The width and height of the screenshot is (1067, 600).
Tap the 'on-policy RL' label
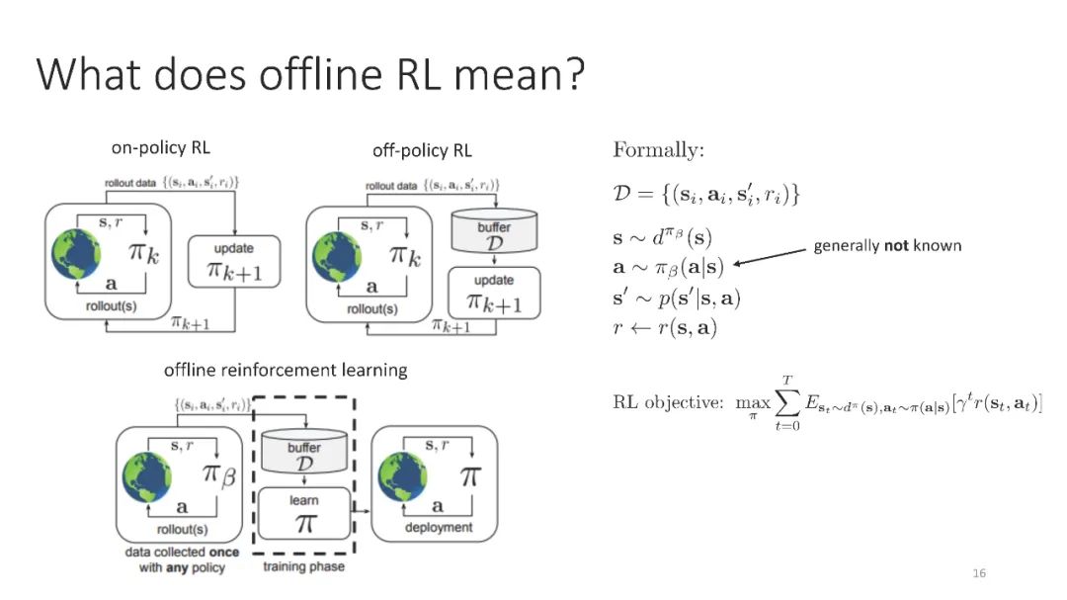pyautogui.click(x=160, y=149)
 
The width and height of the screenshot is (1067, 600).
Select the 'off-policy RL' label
pyautogui.click(x=422, y=151)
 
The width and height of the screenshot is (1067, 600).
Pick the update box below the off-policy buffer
pyautogui.click(x=494, y=294)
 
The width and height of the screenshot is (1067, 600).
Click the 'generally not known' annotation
pyautogui.click(x=887, y=245)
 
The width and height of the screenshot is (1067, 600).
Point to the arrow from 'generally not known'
pyautogui.click(x=771, y=257)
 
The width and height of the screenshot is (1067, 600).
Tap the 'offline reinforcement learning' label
pyautogui.click(x=286, y=371)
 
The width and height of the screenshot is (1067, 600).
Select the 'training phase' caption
pyautogui.click(x=303, y=567)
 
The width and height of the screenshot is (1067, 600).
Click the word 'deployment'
pyautogui.click(x=439, y=528)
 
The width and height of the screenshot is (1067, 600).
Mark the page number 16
pyautogui.click(x=979, y=573)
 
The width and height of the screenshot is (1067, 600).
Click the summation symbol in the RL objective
pyautogui.click(x=786, y=403)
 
